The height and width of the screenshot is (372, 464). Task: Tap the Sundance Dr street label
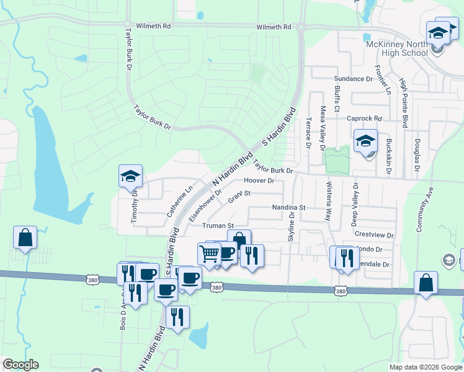(x=353, y=79)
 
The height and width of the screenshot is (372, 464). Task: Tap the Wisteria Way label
(x=328, y=202)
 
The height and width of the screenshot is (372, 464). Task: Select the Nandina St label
(x=289, y=207)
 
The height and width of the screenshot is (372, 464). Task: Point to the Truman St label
(x=221, y=226)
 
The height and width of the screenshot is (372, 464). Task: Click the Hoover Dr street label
(x=259, y=180)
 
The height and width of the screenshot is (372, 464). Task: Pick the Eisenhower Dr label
(x=205, y=206)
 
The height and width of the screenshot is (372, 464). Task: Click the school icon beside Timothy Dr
(x=131, y=177)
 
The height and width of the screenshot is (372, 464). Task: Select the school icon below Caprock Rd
(x=365, y=141)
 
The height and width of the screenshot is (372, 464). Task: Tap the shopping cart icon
(x=209, y=253)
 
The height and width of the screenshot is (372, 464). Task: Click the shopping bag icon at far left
(x=25, y=237)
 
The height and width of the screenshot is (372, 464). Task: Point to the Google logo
(x=20, y=365)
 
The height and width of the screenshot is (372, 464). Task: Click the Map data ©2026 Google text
(x=426, y=367)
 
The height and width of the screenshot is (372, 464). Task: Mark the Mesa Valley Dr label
(x=323, y=128)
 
